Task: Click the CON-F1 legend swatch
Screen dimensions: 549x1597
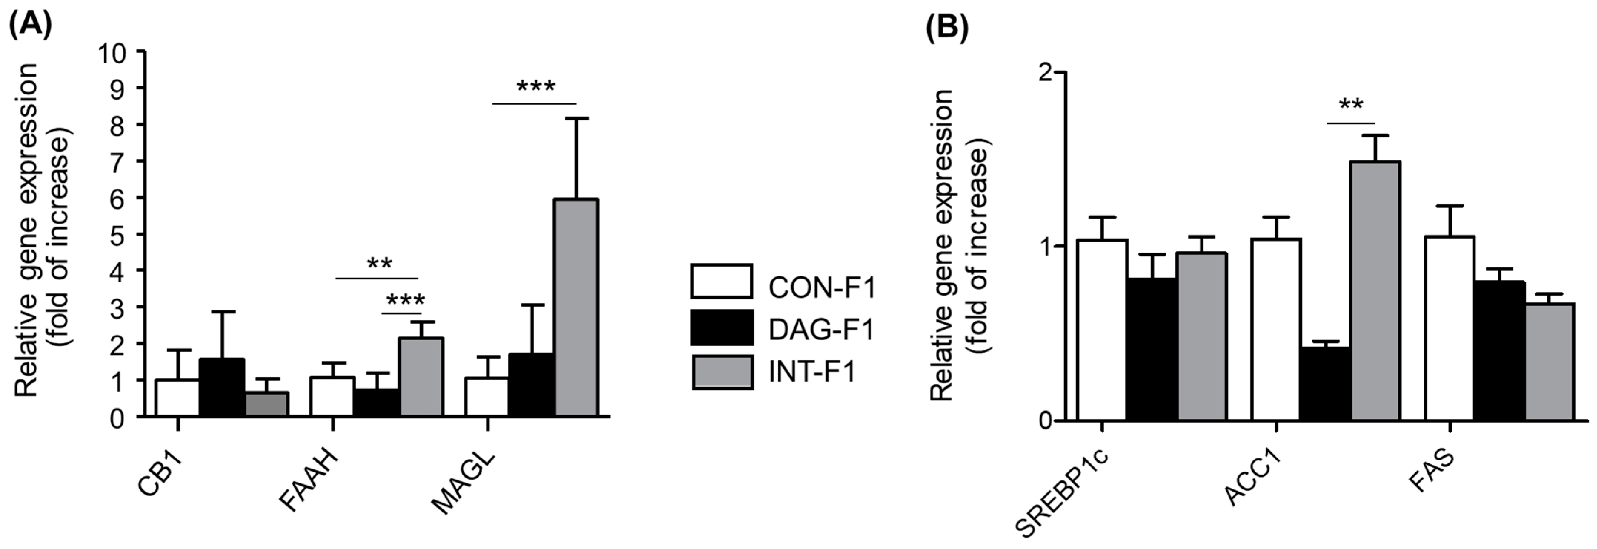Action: click(722, 281)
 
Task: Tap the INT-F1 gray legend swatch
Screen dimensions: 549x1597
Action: click(722, 372)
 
